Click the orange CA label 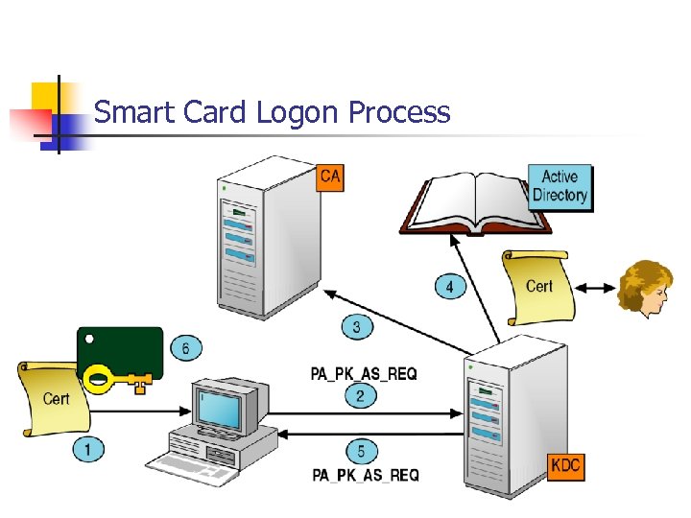click(329, 177)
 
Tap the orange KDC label click(565, 466)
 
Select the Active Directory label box click(560, 186)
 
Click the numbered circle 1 click(87, 448)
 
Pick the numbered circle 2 click(360, 395)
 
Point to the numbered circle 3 click(356, 328)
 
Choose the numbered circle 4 click(449, 287)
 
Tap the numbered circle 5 click(360, 451)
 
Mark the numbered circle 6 click(185, 348)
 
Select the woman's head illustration click(644, 288)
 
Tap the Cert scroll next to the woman click(538, 286)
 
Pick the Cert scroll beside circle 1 click(54, 398)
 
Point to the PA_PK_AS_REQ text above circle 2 click(364, 373)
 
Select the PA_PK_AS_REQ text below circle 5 click(365, 475)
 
